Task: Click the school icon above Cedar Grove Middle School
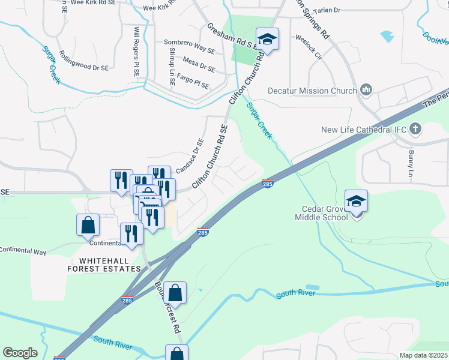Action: tap(356, 201)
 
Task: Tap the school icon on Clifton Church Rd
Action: tap(267, 40)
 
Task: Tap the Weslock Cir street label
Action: tap(308, 40)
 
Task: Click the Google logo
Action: tap(20, 353)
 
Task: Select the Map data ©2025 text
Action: tap(423, 355)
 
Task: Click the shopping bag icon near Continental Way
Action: tap(88, 225)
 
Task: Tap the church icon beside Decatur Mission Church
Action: tap(366, 91)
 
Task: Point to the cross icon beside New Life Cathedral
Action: tap(415, 129)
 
